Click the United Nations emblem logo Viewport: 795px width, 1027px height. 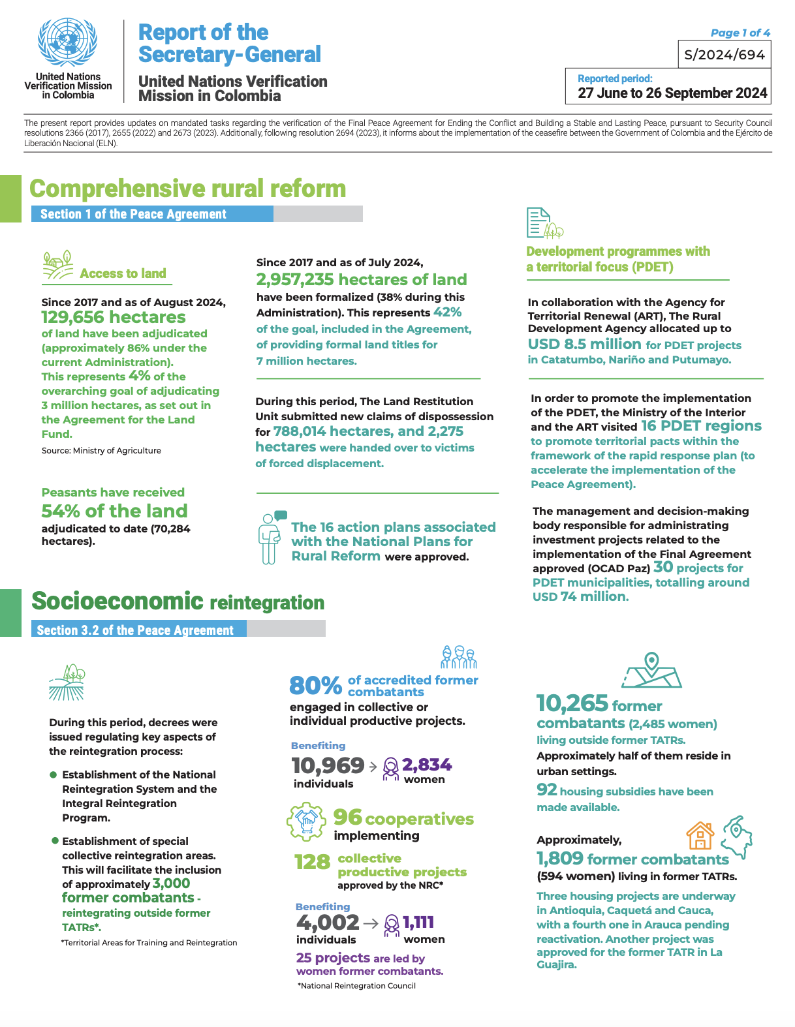(68, 42)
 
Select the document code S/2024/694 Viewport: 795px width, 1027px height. (725, 55)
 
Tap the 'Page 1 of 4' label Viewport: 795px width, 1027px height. (740, 33)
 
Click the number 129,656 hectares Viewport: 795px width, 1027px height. (114, 318)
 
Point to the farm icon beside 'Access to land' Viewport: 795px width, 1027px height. (57, 266)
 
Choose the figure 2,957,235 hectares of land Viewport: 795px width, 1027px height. (361, 280)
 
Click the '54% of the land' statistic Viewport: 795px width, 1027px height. (114, 511)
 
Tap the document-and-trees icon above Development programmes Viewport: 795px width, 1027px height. (544, 223)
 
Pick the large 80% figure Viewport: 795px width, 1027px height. (315, 686)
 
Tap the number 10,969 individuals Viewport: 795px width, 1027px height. (328, 765)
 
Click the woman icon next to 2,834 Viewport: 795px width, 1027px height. (390, 768)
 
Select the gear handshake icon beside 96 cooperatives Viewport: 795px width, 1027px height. (305, 821)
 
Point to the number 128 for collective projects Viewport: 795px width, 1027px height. (312, 862)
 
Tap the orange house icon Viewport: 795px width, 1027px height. (700, 835)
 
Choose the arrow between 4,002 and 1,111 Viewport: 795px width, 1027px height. (371, 923)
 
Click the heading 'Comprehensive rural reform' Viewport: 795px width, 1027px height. (188, 189)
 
